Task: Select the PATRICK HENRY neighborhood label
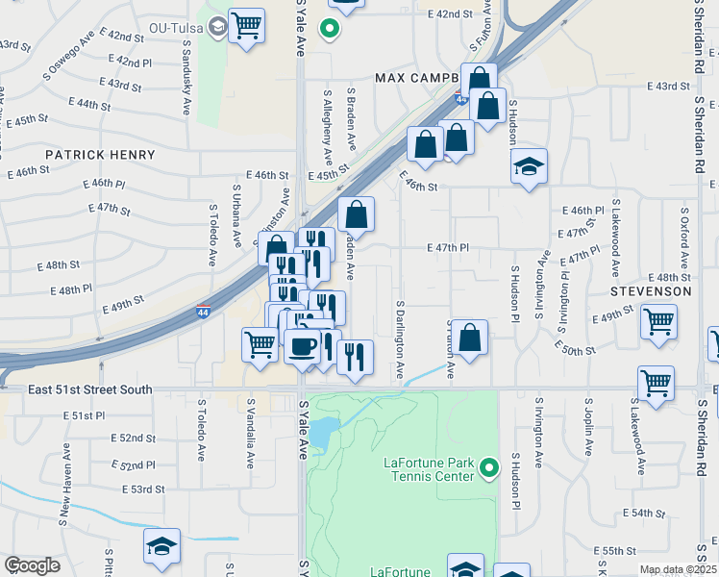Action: tap(100, 155)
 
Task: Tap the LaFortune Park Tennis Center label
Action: tap(428, 469)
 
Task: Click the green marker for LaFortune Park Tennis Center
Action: tap(489, 468)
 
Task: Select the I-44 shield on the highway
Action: tap(203, 312)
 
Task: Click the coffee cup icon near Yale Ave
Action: tap(303, 345)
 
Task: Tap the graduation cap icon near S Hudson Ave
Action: tap(529, 166)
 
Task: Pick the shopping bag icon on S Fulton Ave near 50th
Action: tap(469, 338)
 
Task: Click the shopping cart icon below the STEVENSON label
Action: tap(658, 322)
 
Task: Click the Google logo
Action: tap(32, 565)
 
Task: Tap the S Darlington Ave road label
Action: tap(399, 338)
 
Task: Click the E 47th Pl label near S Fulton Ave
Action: tap(448, 247)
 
